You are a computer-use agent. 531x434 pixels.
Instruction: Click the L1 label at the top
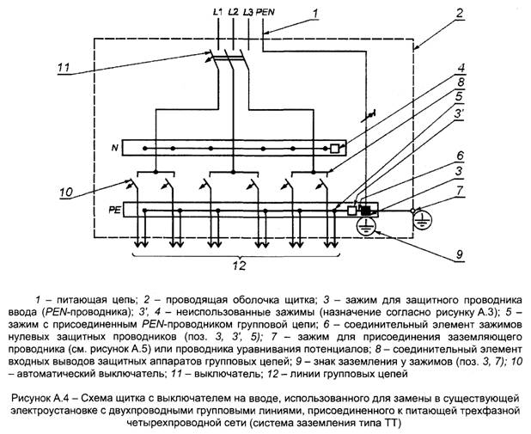[x=216, y=12]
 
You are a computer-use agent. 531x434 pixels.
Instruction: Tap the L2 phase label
[x=232, y=12]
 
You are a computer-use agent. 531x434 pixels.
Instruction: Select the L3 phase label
[x=248, y=12]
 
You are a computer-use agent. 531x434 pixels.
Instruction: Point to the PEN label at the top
[x=267, y=12]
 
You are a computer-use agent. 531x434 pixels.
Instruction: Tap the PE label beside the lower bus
[x=112, y=209]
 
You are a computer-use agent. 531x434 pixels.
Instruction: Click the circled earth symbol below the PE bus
[x=365, y=226]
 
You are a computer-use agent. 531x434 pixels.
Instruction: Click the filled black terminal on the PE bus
[x=365, y=210]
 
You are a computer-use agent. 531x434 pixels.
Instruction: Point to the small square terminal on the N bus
[x=334, y=148]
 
